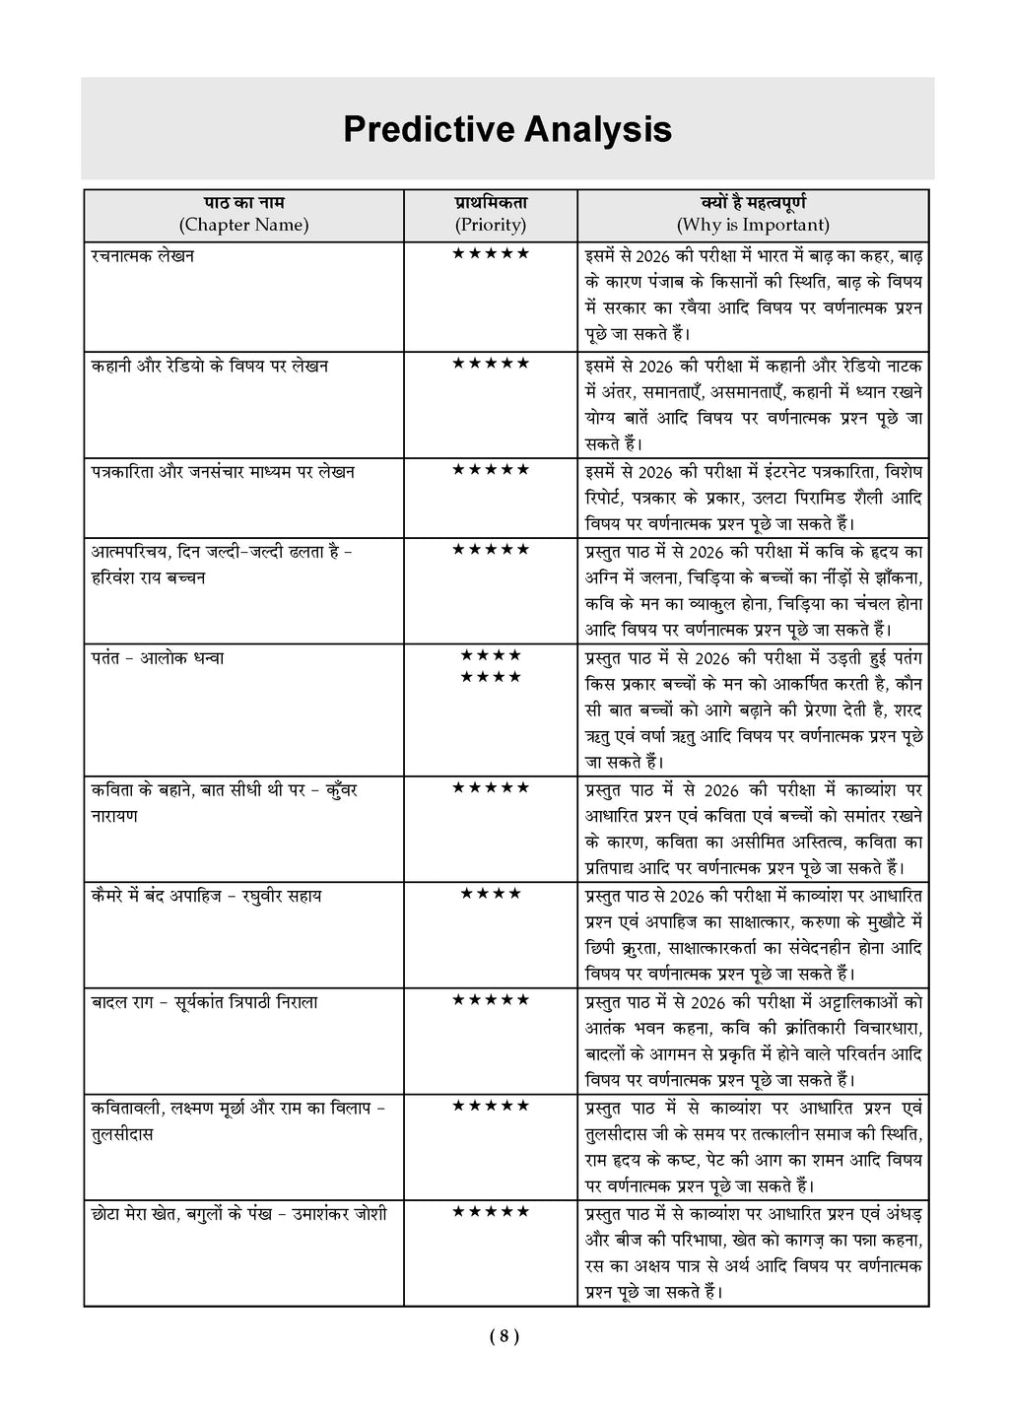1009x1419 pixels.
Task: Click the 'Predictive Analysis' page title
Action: click(506, 130)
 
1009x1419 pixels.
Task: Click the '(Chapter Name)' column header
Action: click(243, 225)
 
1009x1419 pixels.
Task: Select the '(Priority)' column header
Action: click(490, 225)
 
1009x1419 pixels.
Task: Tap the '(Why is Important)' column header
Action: click(753, 225)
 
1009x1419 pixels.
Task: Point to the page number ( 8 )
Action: click(504, 1337)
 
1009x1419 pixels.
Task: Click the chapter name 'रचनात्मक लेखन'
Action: click(142, 256)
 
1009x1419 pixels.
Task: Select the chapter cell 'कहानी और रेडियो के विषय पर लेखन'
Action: click(210, 366)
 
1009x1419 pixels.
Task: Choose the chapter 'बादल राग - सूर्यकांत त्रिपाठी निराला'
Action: click(204, 1002)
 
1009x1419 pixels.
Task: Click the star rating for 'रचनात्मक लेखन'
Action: click(490, 254)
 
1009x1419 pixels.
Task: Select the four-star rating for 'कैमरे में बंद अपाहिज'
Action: click(490, 895)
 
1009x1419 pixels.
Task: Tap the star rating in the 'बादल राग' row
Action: click(490, 1000)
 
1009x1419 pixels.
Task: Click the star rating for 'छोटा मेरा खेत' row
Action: click(490, 1212)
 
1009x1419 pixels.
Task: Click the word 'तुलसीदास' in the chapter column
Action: click(121, 1134)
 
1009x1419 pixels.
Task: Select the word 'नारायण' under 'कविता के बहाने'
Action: click(114, 817)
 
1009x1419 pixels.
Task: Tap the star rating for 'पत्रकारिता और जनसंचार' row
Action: click(490, 470)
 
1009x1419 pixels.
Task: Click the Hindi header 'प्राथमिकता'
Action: click(490, 202)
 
